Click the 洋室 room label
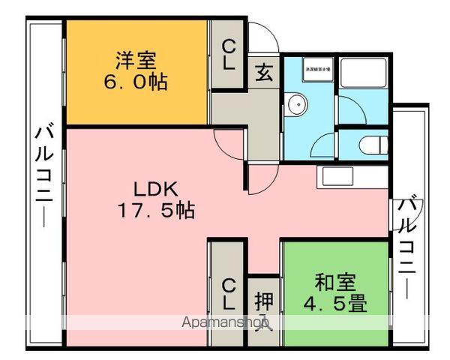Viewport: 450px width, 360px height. click(135, 58)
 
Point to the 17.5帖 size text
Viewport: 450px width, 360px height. click(155, 211)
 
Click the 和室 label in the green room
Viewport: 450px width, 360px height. click(334, 283)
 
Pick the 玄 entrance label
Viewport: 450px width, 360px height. click(263, 72)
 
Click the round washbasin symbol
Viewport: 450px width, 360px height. click(294, 103)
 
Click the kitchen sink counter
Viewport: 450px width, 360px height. click(352, 178)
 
